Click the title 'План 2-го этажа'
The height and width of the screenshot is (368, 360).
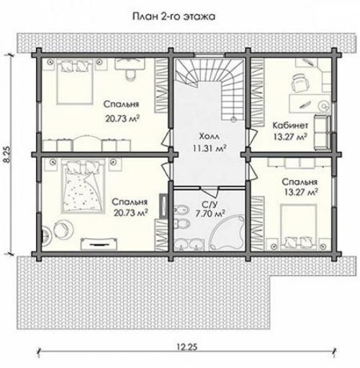174,17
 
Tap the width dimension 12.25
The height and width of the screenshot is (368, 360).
187,347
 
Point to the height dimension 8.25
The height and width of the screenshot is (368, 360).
8,154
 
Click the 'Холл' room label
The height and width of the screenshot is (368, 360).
209,136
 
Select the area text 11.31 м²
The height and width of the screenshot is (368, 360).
210,148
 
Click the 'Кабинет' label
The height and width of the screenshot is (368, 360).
290,125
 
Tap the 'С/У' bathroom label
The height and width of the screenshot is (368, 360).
210,205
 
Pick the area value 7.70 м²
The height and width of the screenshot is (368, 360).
210,213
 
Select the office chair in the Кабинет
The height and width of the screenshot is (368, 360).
300,83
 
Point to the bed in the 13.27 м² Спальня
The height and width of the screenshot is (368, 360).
299,226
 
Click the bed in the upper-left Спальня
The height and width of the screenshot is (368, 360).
75,81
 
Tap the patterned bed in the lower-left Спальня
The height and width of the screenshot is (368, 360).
83,187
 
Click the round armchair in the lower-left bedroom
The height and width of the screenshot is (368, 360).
63,229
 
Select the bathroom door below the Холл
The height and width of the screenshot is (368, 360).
210,190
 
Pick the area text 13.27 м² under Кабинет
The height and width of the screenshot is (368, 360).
290,137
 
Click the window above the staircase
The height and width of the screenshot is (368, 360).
210,55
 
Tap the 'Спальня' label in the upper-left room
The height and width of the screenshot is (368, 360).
121,104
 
